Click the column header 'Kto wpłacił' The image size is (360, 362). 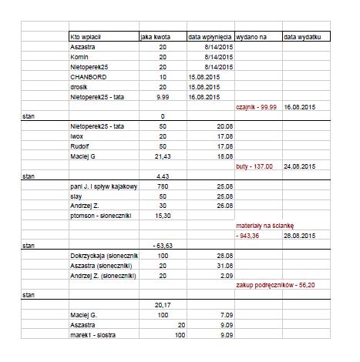tap(86, 36)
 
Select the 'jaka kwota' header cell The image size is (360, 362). tap(155, 36)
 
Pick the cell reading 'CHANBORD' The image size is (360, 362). tap(86, 77)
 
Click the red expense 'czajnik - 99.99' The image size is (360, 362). tap(257, 107)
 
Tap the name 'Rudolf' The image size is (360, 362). tap(80, 145)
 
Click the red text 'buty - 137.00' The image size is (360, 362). tap(254, 166)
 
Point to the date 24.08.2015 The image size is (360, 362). tap(301, 166)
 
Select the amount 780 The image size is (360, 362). tap(161, 186)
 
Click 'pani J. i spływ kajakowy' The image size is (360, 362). tap(103, 186)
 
